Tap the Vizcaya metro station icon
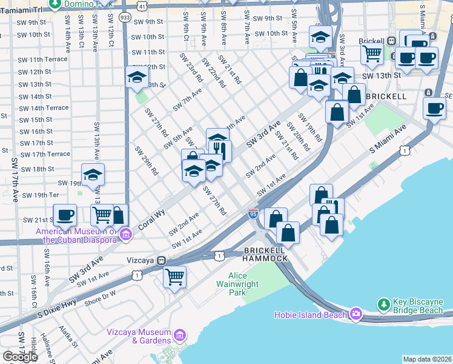pyautogui.click(x=162, y=260)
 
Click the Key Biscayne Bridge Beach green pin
pyautogui.click(x=383, y=303)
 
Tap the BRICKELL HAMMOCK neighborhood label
pyautogui.click(x=265, y=254)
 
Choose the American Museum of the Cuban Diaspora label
pyautogui.click(x=76, y=235)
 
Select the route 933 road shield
pyautogui.click(x=125, y=18)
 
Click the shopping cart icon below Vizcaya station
pyautogui.click(x=175, y=277)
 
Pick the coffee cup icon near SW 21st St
pyautogui.click(x=65, y=214)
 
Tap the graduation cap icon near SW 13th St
pyautogui.click(x=137, y=77)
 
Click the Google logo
pyautogui.click(x=20, y=356)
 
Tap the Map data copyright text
pyautogui.click(x=427, y=359)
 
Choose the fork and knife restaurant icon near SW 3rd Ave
pyautogui.click(x=220, y=150)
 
